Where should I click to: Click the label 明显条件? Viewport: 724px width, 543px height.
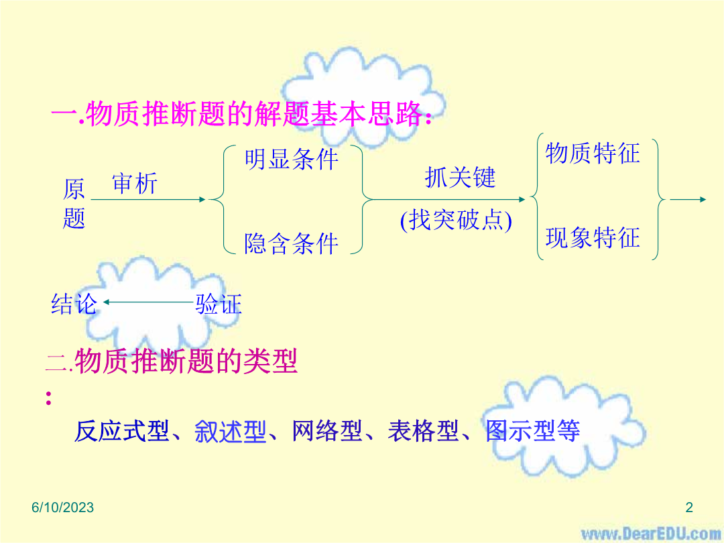(292, 160)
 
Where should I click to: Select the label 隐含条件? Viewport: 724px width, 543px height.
(292, 243)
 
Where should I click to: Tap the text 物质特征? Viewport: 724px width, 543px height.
(593, 154)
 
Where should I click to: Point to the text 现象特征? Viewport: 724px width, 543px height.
(593, 238)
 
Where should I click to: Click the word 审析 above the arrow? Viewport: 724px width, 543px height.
(135, 183)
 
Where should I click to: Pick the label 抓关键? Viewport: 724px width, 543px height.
(460, 177)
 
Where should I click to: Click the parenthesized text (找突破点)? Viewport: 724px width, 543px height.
(457, 220)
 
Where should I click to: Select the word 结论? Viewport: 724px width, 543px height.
(74, 304)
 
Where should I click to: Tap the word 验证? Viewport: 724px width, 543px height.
(219, 304)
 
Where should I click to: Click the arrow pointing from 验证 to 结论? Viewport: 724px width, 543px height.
(147, 302)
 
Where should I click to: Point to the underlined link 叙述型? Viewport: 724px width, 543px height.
(230, 431)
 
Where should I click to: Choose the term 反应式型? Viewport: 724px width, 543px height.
(122, 431)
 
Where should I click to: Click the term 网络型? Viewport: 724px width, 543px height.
(327, 431)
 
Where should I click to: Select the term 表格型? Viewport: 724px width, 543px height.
(423, 431)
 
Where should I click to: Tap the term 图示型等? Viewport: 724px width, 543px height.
(532, 431)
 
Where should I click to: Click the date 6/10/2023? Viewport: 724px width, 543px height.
(63, 507)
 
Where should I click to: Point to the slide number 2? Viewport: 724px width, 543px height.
(689, 507)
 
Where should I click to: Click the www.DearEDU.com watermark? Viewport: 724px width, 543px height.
(651, 534)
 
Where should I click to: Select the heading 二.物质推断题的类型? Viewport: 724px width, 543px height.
(172, 361)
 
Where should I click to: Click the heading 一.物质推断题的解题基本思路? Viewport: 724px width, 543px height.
(242, 113)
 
